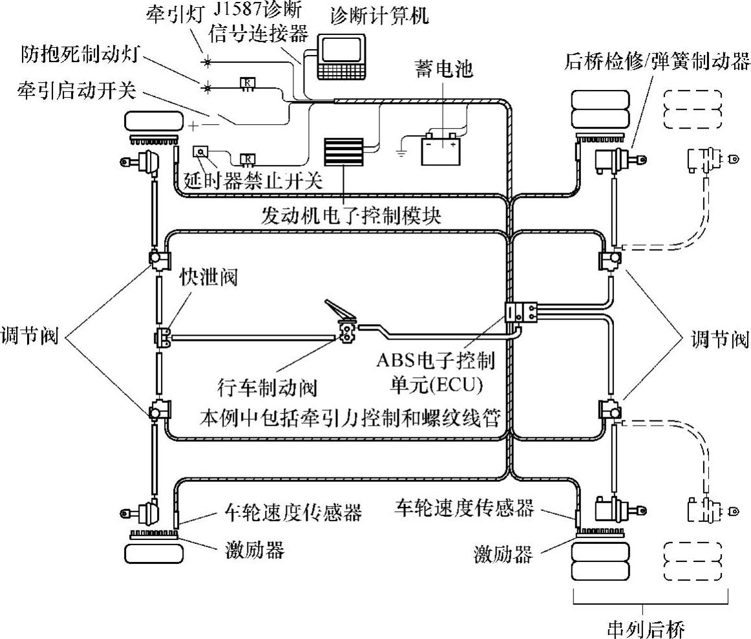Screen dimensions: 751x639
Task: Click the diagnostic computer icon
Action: coord(341,58)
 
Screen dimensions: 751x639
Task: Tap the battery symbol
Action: coord(440,149)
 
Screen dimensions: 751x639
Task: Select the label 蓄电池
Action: coord(443,69)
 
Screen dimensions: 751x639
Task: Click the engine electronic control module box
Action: coord(343,151)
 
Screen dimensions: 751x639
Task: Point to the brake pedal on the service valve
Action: coord(338,310)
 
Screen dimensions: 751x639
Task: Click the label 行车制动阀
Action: coord(267,387)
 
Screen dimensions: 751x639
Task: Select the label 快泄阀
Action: coord(208,277)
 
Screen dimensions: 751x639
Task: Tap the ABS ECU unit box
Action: coord(521,312)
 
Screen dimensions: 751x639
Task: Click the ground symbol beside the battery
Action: coord(401,153)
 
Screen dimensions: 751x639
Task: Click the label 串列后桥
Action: coord(646,629)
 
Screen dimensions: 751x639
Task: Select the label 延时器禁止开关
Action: coord(253,180)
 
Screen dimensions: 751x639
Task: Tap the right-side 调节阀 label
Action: coord(719,339)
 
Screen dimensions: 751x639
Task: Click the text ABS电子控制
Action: coord(436,360)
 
